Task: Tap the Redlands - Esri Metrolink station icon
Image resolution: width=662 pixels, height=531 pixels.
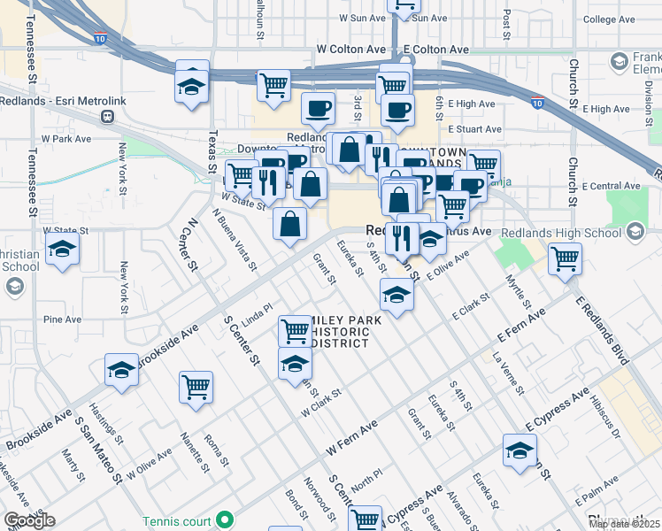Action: [108, 115]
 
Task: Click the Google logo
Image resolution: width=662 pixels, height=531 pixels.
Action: [29, 520]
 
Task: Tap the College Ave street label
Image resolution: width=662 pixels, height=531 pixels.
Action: [611, 19]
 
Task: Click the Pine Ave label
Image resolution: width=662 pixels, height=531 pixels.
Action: [62, 319]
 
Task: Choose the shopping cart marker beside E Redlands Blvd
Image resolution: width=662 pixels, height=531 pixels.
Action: [565, 259]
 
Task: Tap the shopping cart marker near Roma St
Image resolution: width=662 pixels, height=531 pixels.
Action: [196, 386]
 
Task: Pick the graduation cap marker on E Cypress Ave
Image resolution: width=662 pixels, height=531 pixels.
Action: [520, 450]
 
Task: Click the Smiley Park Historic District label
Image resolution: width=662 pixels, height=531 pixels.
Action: [336, 333]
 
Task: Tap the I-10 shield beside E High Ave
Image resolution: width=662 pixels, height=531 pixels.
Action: [537, 104]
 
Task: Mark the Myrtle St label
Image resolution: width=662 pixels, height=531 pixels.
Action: [515, 287]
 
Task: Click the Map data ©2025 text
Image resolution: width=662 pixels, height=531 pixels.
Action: [624, 525]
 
